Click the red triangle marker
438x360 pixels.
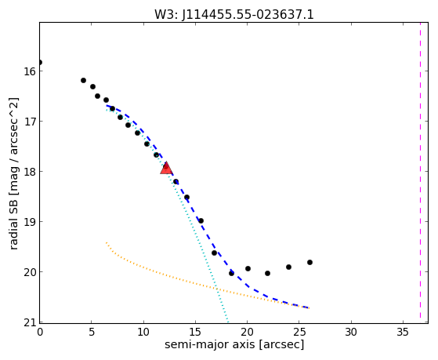(166, 168)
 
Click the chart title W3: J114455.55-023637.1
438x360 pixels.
(234, 15)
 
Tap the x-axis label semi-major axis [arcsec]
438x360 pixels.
(234, 344)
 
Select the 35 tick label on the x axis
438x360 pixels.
(403, 332)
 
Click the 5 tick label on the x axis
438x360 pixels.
(92, 332)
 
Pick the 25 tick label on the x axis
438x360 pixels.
(299, 332)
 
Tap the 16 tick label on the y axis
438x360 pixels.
(29, 71)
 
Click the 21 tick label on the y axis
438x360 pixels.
(29, 322)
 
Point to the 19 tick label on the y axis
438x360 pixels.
(29, 221)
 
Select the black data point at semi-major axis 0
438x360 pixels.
(40, 62)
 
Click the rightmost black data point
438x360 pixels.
(309, 263)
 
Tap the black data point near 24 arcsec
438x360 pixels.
(289, 267)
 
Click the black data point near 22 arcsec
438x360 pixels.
(268, 273)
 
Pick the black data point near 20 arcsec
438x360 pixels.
(248, 268)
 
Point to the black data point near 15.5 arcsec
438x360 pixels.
(201, 220)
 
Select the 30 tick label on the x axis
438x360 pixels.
(351, 332)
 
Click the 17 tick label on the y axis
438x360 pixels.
(29, 121)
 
